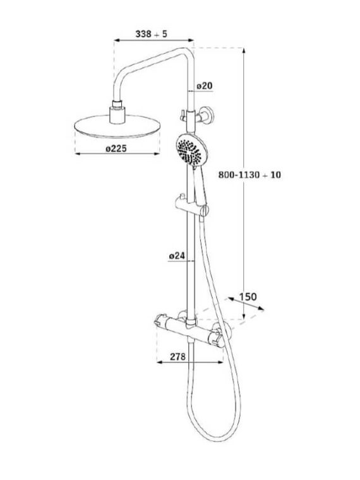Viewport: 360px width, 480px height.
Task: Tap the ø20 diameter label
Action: (203, 85)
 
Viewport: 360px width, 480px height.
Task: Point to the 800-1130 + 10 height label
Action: (248, 175)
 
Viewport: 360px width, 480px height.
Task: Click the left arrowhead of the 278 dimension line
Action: (159, 363)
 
